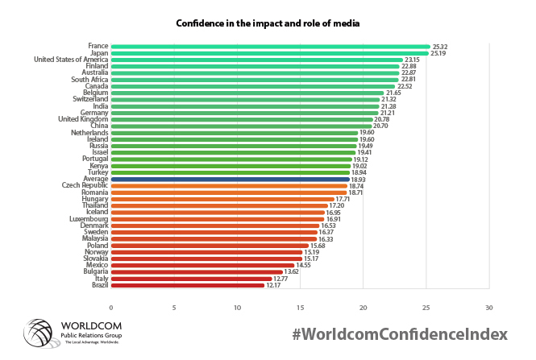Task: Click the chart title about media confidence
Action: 268,23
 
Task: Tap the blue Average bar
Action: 230,179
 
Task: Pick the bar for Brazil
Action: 187,284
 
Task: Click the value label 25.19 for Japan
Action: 440,53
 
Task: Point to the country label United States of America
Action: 71,60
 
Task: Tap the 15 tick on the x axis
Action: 301,307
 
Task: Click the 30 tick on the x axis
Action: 489,307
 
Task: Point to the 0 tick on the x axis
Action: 111,307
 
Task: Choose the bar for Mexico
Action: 202,265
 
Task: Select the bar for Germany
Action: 244,113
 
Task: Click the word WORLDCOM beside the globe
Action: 92,325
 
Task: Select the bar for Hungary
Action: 222,199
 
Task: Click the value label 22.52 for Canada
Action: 405,86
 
